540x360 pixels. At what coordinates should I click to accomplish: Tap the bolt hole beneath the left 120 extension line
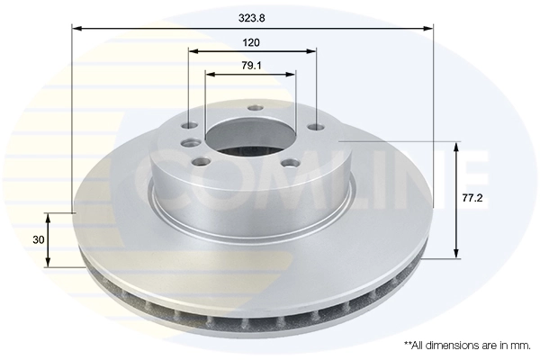coord(189,126)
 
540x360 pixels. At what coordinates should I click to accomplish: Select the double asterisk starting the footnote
coord(407,344)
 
